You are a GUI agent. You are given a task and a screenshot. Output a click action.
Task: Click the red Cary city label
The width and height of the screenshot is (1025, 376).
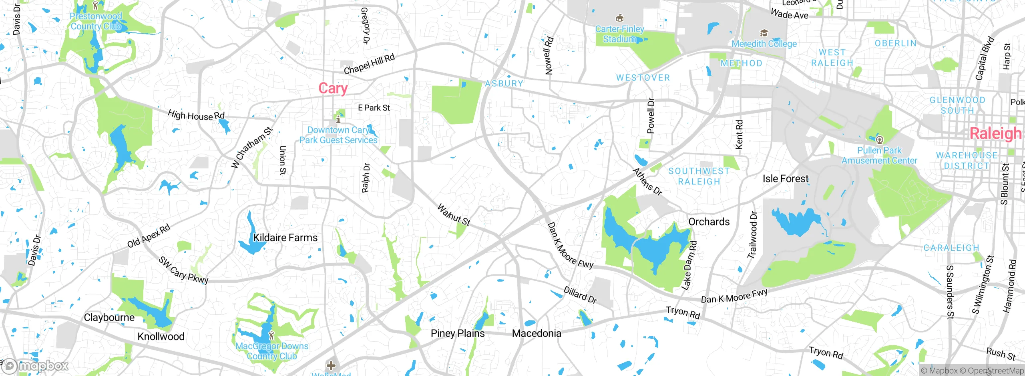tap(333, 88)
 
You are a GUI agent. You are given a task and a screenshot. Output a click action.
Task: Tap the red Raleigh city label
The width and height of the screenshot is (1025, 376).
tap(995, 133)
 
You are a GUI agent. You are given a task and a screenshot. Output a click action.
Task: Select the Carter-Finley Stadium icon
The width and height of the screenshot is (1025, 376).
tap(619, 18)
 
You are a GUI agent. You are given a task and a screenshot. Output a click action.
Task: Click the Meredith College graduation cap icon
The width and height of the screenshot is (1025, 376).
tap(764, 33)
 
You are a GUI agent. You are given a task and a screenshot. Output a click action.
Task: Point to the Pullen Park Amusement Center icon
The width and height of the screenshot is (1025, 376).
tap(879, 140)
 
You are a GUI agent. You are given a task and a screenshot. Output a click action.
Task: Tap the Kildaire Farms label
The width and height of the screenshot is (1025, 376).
tap(285, 238)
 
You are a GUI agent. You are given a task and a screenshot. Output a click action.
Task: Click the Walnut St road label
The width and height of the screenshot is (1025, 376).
tap(453, 215)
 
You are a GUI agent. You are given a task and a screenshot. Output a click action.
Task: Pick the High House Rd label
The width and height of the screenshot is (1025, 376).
tap(196, 116)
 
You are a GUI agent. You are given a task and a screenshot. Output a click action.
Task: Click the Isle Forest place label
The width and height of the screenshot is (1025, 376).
tap(785, 179)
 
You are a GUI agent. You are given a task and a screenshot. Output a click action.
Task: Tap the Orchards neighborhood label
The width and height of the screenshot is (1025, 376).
tap(709, 222)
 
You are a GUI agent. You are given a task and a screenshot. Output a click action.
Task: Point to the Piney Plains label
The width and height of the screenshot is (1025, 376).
tap(457, 333)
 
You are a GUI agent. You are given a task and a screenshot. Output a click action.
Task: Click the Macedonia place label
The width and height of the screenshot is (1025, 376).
tap(536, 333)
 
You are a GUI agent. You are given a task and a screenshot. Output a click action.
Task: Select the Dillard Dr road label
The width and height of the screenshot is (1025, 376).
tap(580, 295)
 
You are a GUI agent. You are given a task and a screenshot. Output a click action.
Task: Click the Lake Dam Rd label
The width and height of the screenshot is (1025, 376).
tap(689, 265)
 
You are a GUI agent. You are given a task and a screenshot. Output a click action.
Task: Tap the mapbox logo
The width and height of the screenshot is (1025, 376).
tap(35, 366)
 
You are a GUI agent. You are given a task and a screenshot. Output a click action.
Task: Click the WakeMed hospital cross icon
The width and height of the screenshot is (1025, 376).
tap(331, 365)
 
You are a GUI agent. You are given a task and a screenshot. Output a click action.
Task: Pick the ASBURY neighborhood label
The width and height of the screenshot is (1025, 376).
tap(504, 84)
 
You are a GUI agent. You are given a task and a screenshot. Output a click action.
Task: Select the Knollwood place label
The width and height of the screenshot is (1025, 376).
tap(161, 336)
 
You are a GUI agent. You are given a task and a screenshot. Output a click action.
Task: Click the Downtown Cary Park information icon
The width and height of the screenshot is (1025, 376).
tap(338, 119)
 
